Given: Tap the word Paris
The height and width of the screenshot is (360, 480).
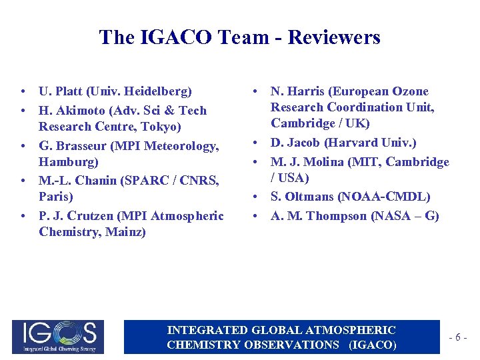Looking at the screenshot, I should click(55, 197).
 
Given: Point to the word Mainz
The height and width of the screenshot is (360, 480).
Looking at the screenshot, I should click(127, 232).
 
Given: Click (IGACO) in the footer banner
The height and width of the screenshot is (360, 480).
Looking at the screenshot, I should click(373, 345).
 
